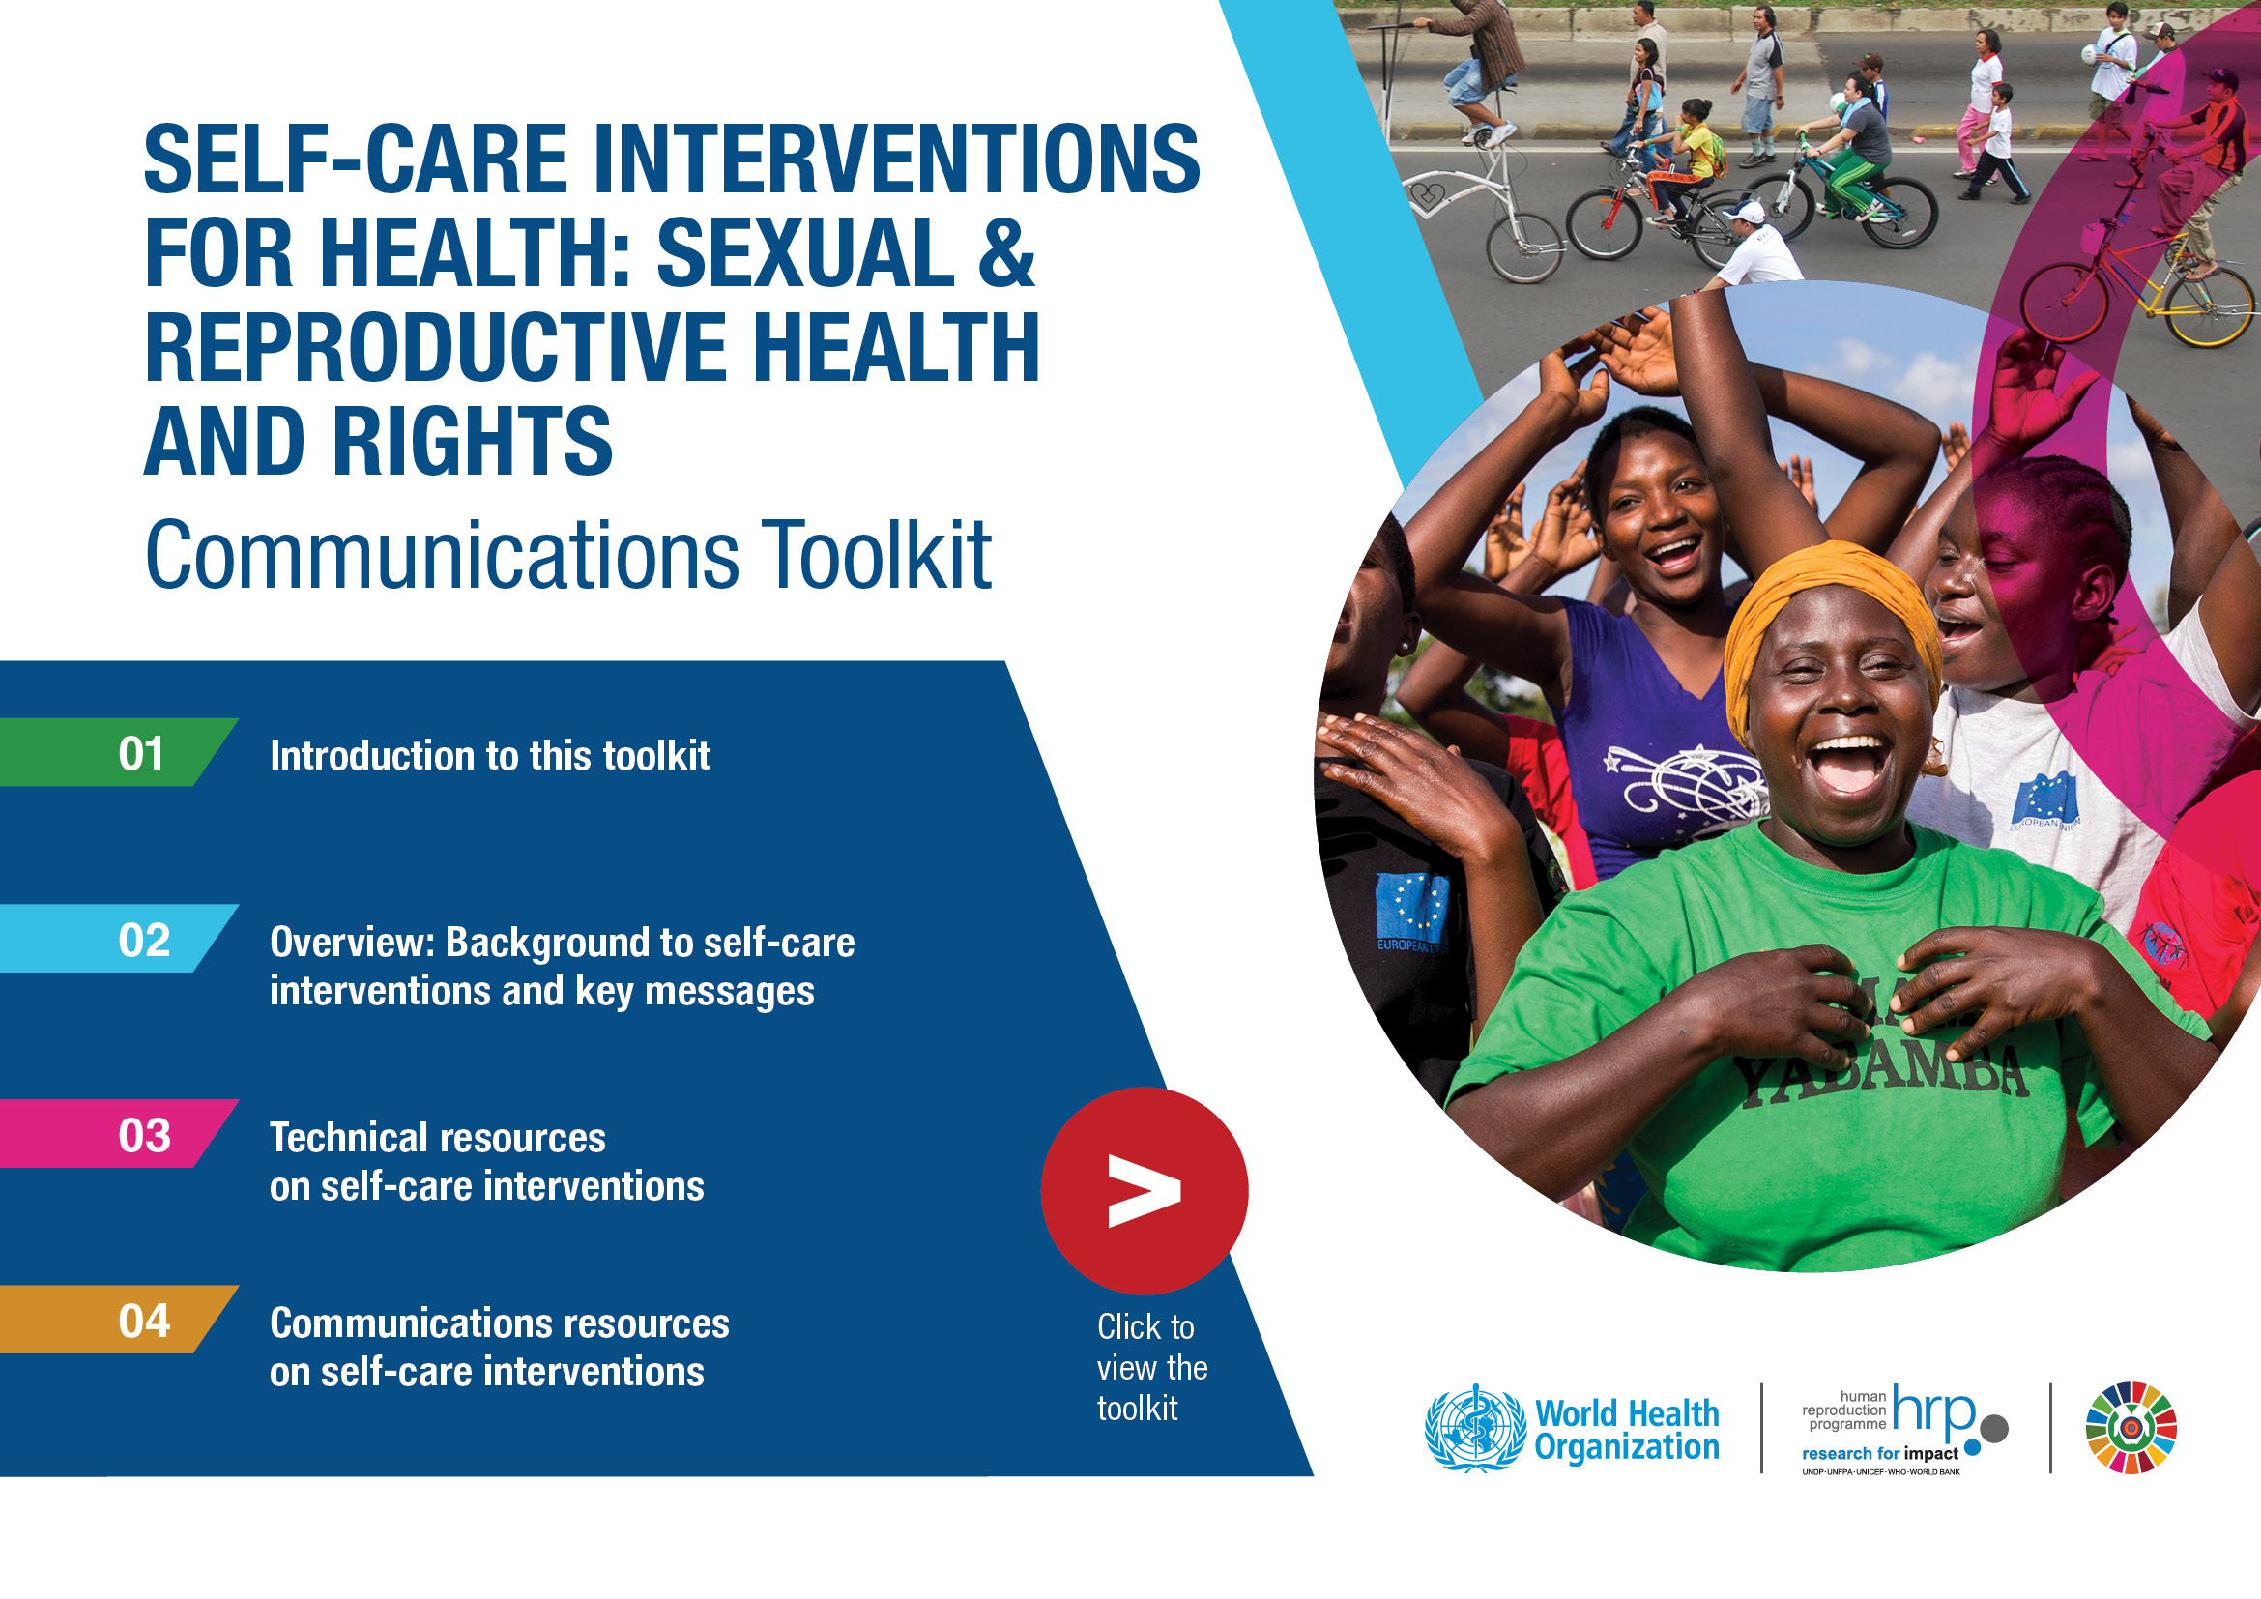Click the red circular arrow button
1145,1190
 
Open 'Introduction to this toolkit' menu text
489,755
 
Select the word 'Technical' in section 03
353,1137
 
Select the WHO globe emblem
1474,1428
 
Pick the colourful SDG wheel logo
2131,1428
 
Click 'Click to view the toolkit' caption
1152,1368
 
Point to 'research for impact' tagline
1880,1453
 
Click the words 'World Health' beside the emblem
1628,1413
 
